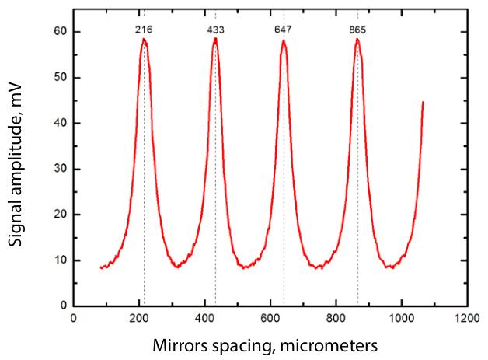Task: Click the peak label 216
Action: [143, 30]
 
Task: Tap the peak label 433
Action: [215, 30]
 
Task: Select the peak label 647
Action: [284, 30]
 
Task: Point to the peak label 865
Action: [357, 30]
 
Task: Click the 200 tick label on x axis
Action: [139, 318]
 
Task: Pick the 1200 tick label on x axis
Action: [467, 318]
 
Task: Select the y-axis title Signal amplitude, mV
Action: [17, 166]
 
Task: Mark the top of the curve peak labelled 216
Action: [144, 40]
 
